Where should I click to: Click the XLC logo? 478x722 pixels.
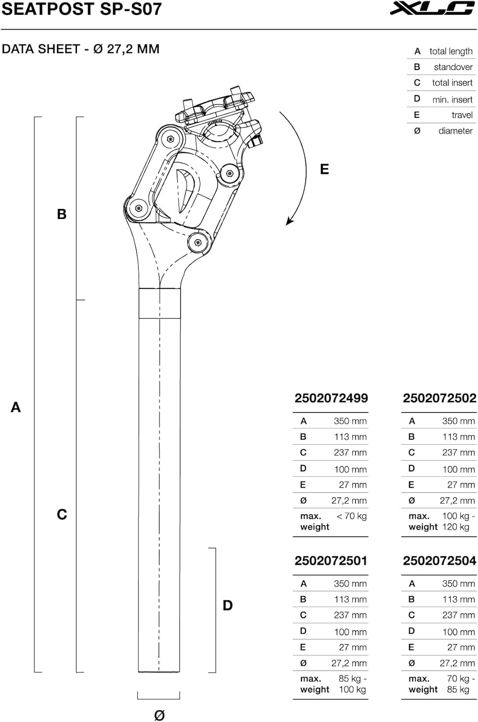coord(432,9)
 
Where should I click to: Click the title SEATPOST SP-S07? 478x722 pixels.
coord(81,9)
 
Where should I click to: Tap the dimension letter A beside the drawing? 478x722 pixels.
coord(16,407)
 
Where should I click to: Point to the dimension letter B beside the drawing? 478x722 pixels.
coord(62,214)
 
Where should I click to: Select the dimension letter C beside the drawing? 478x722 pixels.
coord(62,515)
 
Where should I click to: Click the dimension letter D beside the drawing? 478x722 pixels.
coord(228,606)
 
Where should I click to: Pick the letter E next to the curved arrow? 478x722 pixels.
coord(324,169)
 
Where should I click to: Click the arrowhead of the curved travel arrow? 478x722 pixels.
coord(289,221)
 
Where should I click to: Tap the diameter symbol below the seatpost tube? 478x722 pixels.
coord(159,715)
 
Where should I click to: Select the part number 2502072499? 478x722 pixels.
coord(331,399)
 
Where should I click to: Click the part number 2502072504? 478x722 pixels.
coord(439,561)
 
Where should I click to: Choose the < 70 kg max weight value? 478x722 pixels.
coord(351,516)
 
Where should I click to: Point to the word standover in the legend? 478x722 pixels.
coord(453,67)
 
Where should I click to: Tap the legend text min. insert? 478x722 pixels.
coord(452,100)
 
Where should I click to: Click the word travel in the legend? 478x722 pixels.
coord(462,115)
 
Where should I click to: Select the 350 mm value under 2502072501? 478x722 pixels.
coord(350,583)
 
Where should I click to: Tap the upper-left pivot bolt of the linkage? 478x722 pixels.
coord(170,139)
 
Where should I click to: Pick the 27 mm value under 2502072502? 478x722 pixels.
coord(460,485)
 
